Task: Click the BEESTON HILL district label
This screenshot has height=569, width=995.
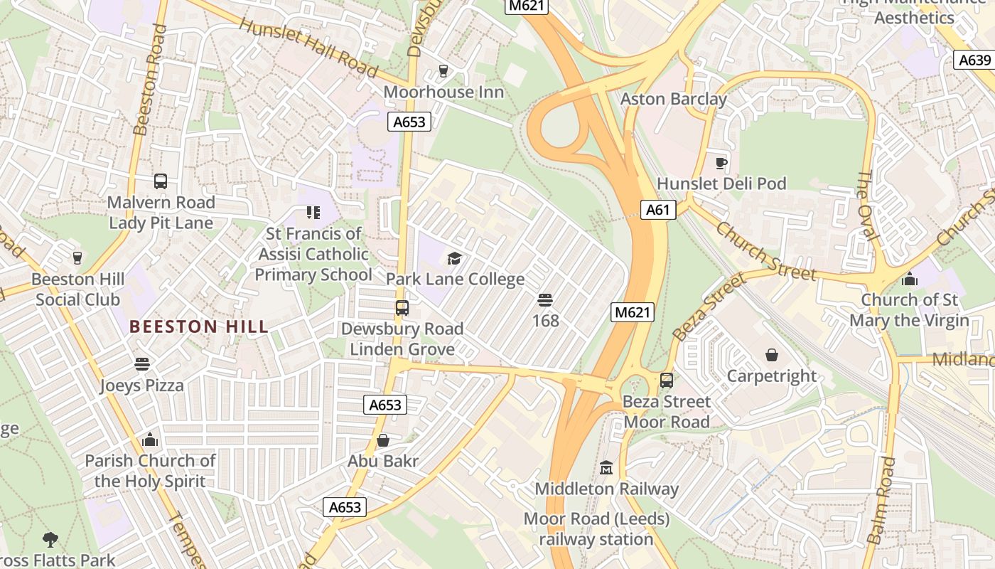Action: tap(199, 326)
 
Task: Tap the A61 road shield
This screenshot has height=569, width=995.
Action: tap(657, 210)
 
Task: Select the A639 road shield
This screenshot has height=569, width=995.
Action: tap(973, 60)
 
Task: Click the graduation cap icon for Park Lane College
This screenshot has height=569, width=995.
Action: tap(454, 258)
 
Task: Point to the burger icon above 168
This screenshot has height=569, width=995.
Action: tap(545, 300)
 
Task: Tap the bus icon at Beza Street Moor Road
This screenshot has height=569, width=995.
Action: tap(666, 381)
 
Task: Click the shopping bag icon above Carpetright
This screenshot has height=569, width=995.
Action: tap(772, 354)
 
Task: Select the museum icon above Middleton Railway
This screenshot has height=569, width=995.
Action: tap(606, 467)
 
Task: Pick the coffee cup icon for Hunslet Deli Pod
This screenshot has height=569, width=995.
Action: tap(721, 163)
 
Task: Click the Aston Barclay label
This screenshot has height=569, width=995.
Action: tap(673, 99)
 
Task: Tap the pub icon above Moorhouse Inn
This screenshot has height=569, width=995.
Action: tap(443, 70)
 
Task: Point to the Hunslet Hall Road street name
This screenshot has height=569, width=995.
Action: tap(308, 47)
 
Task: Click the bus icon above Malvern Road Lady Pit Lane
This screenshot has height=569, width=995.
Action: tap(161, 181)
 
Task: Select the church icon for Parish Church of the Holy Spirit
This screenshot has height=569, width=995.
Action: tap(149, 440)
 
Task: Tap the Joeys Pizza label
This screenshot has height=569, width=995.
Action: tap(141, 385)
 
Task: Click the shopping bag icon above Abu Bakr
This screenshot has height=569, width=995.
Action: tap(383, 440)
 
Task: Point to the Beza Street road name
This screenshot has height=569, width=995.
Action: tap(709, 307)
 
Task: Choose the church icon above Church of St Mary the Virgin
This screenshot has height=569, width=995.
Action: tap(909, 279)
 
